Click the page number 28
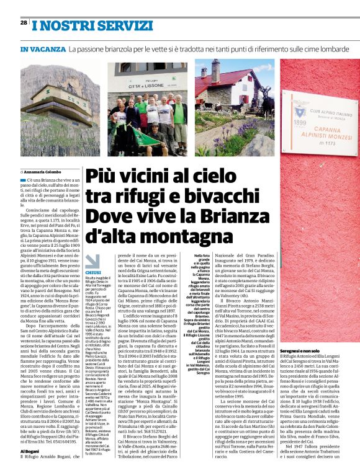(24, 22)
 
